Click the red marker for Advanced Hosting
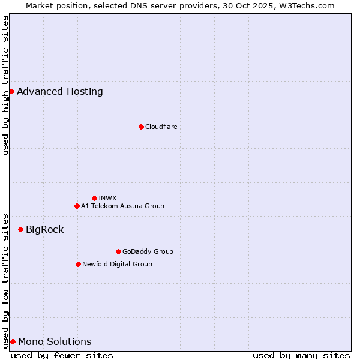(11, 91)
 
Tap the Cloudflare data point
(141, 127)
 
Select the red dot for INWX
(94, 198)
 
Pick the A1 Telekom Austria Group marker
(77, 206)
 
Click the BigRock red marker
(20, 229)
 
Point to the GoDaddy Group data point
(118, 251)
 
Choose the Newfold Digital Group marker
(78, 264)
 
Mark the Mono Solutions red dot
(13, 341)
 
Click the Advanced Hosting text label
(60, 91)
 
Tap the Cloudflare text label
(161, 127)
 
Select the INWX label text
(107, 198)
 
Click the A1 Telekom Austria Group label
(122, 206)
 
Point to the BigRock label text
(44, 229)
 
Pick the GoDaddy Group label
(148, 251)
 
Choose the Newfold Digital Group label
(117, 264)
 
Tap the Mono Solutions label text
(55, 341)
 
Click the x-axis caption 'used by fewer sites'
(62, 355)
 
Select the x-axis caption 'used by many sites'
(301, 355)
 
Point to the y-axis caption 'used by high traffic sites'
(5, 85)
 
